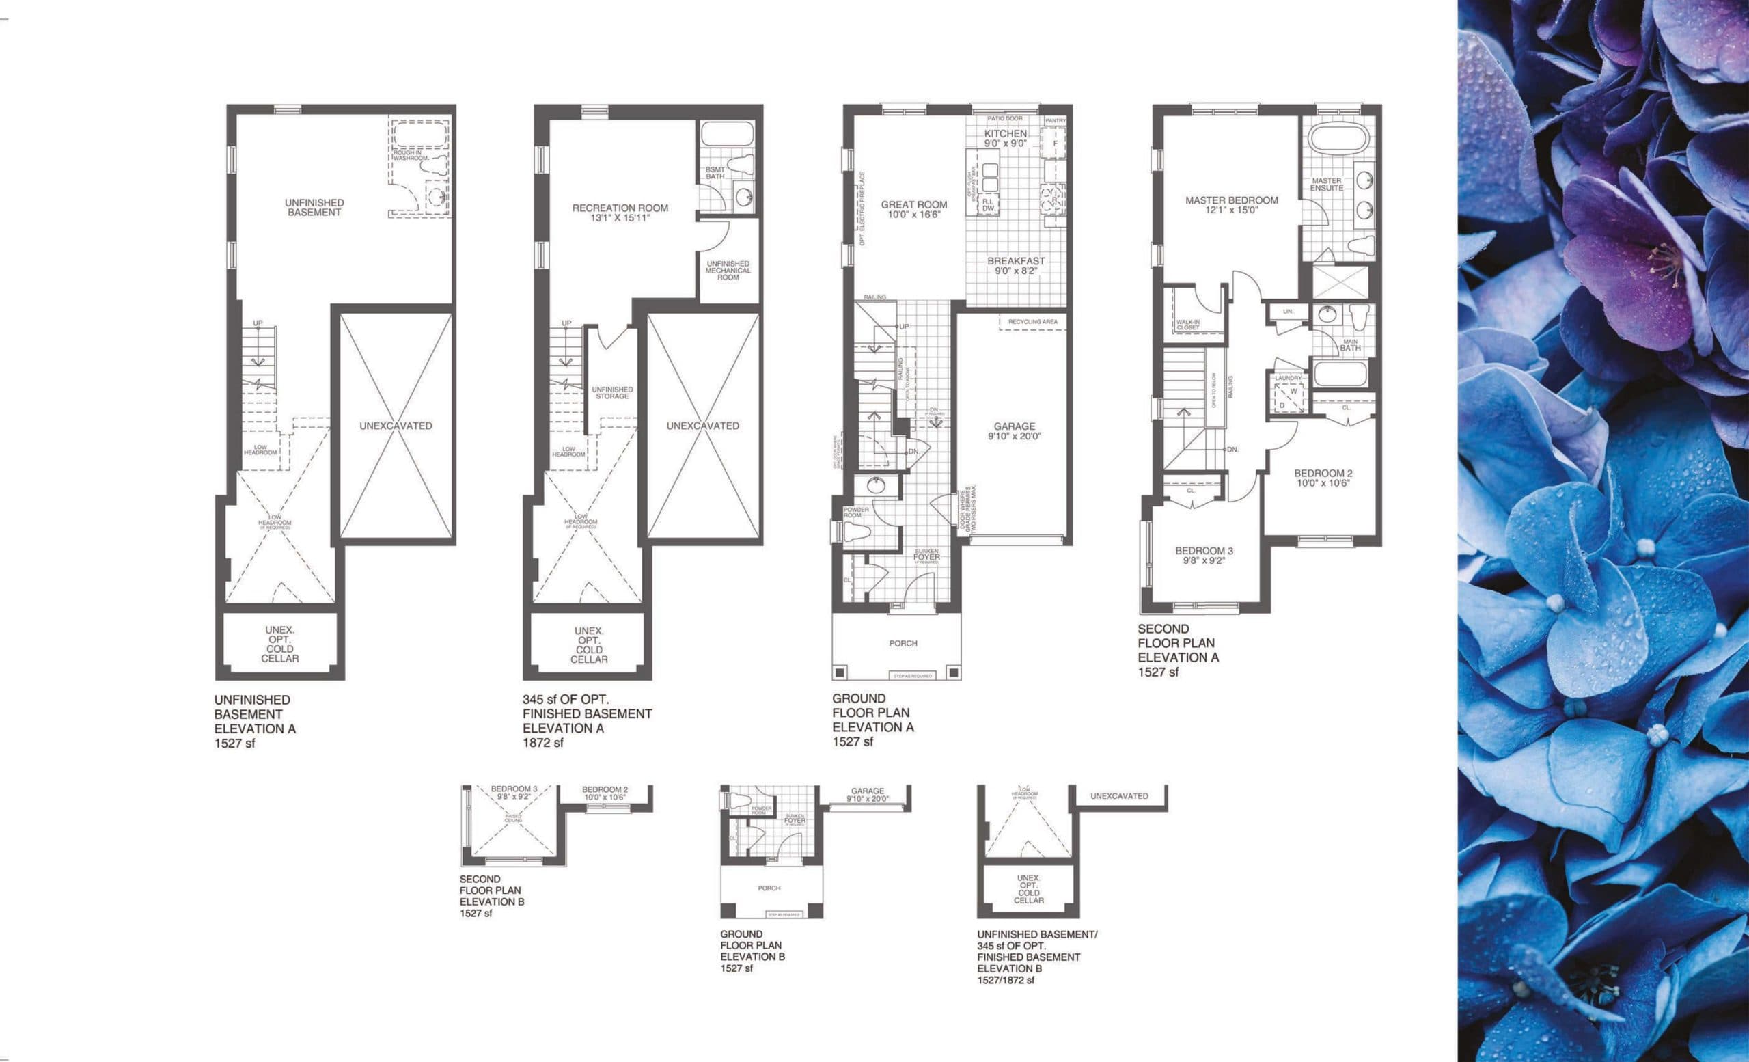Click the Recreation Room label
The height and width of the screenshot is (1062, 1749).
620,208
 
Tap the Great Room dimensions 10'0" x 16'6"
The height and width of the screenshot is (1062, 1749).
913,215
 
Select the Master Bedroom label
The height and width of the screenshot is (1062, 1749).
1232,200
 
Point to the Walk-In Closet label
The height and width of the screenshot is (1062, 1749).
1187,325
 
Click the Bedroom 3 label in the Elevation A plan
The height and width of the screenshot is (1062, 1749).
1204,550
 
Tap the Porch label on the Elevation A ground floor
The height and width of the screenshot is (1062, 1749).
903,643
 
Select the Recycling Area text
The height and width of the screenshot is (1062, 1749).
1033,322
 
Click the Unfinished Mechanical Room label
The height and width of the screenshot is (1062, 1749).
728,271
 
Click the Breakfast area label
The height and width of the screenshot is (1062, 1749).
1016,260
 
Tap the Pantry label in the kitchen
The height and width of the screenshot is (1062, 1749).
1055,121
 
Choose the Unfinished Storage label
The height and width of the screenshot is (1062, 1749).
612,392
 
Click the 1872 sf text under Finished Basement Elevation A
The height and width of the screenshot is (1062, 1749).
543,743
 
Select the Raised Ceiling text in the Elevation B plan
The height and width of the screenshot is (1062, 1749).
512,818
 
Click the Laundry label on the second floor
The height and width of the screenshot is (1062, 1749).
1288,379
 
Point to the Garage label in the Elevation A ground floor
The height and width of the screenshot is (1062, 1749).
1014,426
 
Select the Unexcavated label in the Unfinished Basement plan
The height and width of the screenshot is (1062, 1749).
396,426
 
